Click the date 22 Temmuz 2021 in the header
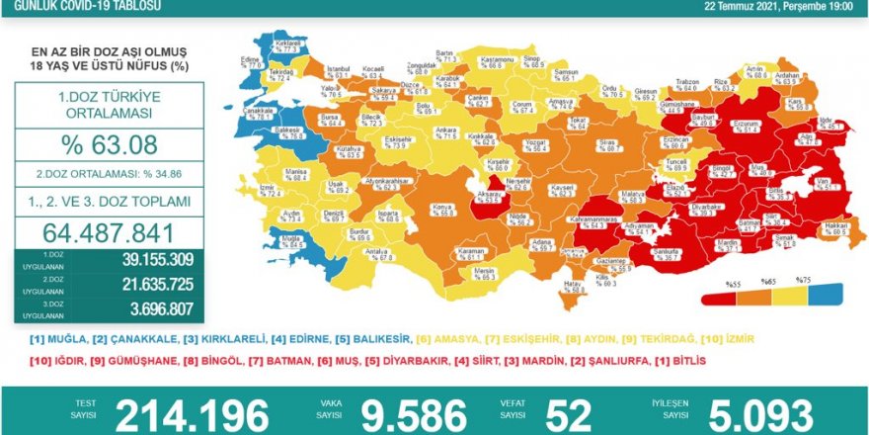743,5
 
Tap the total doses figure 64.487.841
109,233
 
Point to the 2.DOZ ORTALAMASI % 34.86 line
109,173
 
